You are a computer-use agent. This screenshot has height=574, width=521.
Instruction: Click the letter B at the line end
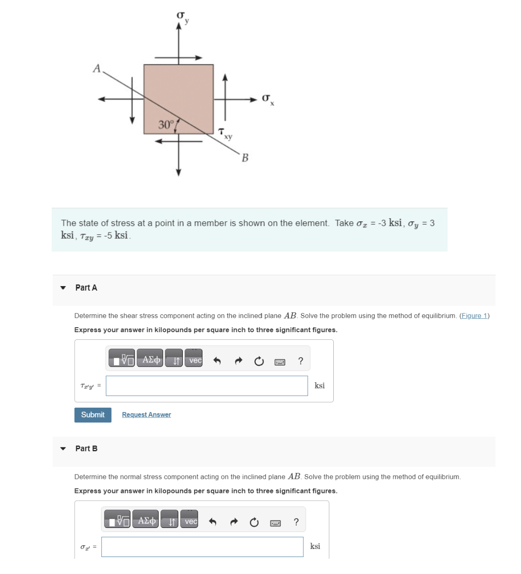[245, 158]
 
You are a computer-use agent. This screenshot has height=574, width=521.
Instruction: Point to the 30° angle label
[166, 125]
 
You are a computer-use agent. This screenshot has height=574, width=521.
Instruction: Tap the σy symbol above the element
[182, 17]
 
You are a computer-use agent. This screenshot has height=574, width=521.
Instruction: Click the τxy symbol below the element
[225, 133]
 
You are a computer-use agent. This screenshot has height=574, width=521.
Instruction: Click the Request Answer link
[147, 415]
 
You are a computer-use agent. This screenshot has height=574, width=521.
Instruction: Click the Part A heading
[86, 288]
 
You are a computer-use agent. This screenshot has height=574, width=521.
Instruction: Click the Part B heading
[86, 448]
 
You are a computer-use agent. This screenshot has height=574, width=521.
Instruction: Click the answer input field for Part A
[206, 386]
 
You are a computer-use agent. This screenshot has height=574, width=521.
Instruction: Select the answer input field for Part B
[202, 547]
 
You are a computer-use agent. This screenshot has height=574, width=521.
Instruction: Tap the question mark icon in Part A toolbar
[301, 361]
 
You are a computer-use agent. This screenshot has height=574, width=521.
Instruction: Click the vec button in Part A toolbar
[195, 360]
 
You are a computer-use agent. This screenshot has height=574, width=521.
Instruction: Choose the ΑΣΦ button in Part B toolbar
[147, 521]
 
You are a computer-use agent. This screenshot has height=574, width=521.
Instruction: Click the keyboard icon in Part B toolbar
[275, 523]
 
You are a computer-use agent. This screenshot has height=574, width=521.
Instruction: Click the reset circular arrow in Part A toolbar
[259, 361]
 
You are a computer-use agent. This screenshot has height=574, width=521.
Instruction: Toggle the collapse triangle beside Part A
[63, 288]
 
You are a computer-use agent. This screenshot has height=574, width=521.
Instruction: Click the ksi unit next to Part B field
[315, 546]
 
